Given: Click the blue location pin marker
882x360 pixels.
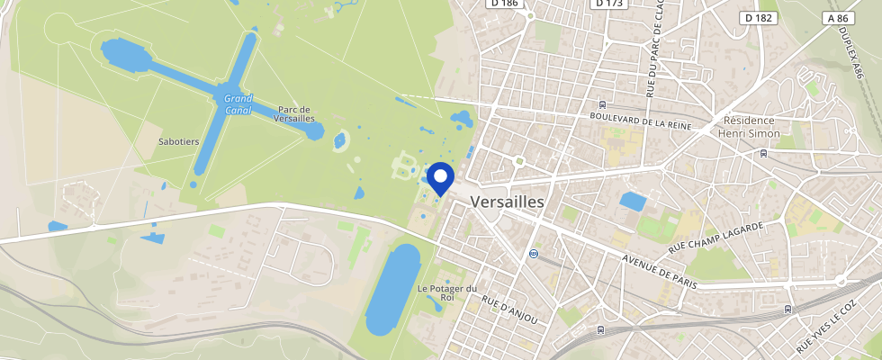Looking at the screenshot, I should (440, 177).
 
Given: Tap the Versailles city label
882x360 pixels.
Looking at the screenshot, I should (508, 202).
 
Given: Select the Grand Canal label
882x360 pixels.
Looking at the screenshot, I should (238, 103).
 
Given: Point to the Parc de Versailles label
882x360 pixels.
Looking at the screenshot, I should (296, 113).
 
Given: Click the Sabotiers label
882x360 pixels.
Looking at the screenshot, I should (178, 142).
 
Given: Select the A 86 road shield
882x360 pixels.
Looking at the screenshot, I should (837, 17).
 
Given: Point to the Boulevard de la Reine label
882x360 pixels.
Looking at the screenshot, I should (640, 121).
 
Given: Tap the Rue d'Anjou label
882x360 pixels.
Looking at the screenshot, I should (508, 309).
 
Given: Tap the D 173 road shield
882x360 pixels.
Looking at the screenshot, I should (609, 4).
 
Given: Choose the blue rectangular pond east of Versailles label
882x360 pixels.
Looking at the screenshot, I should (633, 202).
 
